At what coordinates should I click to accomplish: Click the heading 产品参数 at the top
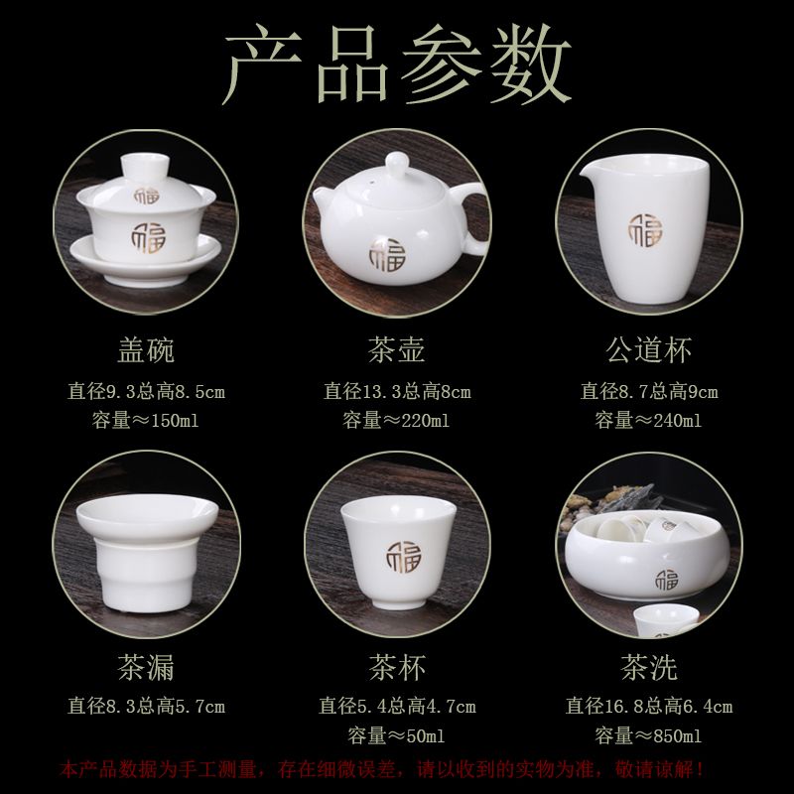(x=397, y=64)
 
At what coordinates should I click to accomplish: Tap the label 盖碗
(x=146, y=350)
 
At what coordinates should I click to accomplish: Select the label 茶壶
(x=396, y=350)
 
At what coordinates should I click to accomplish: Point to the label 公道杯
(x=649, y=350)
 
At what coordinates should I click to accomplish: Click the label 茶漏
(x=146, y=667)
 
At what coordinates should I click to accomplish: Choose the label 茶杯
(x=397, y=667)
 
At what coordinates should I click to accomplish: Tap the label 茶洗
(x=649, y=667)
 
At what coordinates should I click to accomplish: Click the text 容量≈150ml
(x=145, y=420)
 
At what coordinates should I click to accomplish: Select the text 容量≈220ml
(x=396, y=420)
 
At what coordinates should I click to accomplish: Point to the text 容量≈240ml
(x=648, y=420)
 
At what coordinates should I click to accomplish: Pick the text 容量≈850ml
(x=648, y=735)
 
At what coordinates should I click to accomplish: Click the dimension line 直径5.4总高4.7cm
(x=397, y=707)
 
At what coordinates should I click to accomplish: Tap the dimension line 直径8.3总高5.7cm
(x=146, y=707)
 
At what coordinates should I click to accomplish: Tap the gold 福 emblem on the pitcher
(x=645, y=230)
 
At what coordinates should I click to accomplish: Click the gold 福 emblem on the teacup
(x=404, y=557)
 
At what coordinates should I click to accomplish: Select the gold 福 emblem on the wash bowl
(x=666, y=580)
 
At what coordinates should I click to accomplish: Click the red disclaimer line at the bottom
(x=381, y=770)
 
